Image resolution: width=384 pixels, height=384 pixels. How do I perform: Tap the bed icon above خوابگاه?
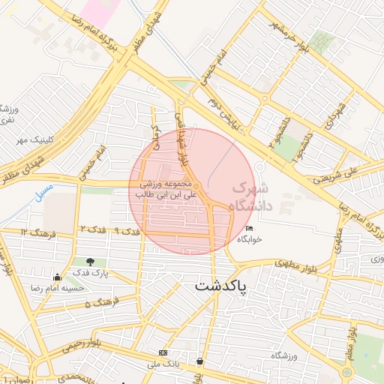coord(249,229)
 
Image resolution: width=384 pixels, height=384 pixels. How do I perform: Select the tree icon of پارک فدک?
coord(91,262)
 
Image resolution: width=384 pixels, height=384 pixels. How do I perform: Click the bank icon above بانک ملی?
coord(163,352)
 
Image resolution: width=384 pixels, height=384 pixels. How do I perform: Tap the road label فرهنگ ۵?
coord(98,304)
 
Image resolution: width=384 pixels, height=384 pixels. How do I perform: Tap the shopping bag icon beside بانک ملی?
coord(199,361)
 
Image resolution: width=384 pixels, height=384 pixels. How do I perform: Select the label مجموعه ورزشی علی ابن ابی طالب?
coord(165,189)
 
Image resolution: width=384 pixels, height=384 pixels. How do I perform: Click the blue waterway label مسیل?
coord(44,190)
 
